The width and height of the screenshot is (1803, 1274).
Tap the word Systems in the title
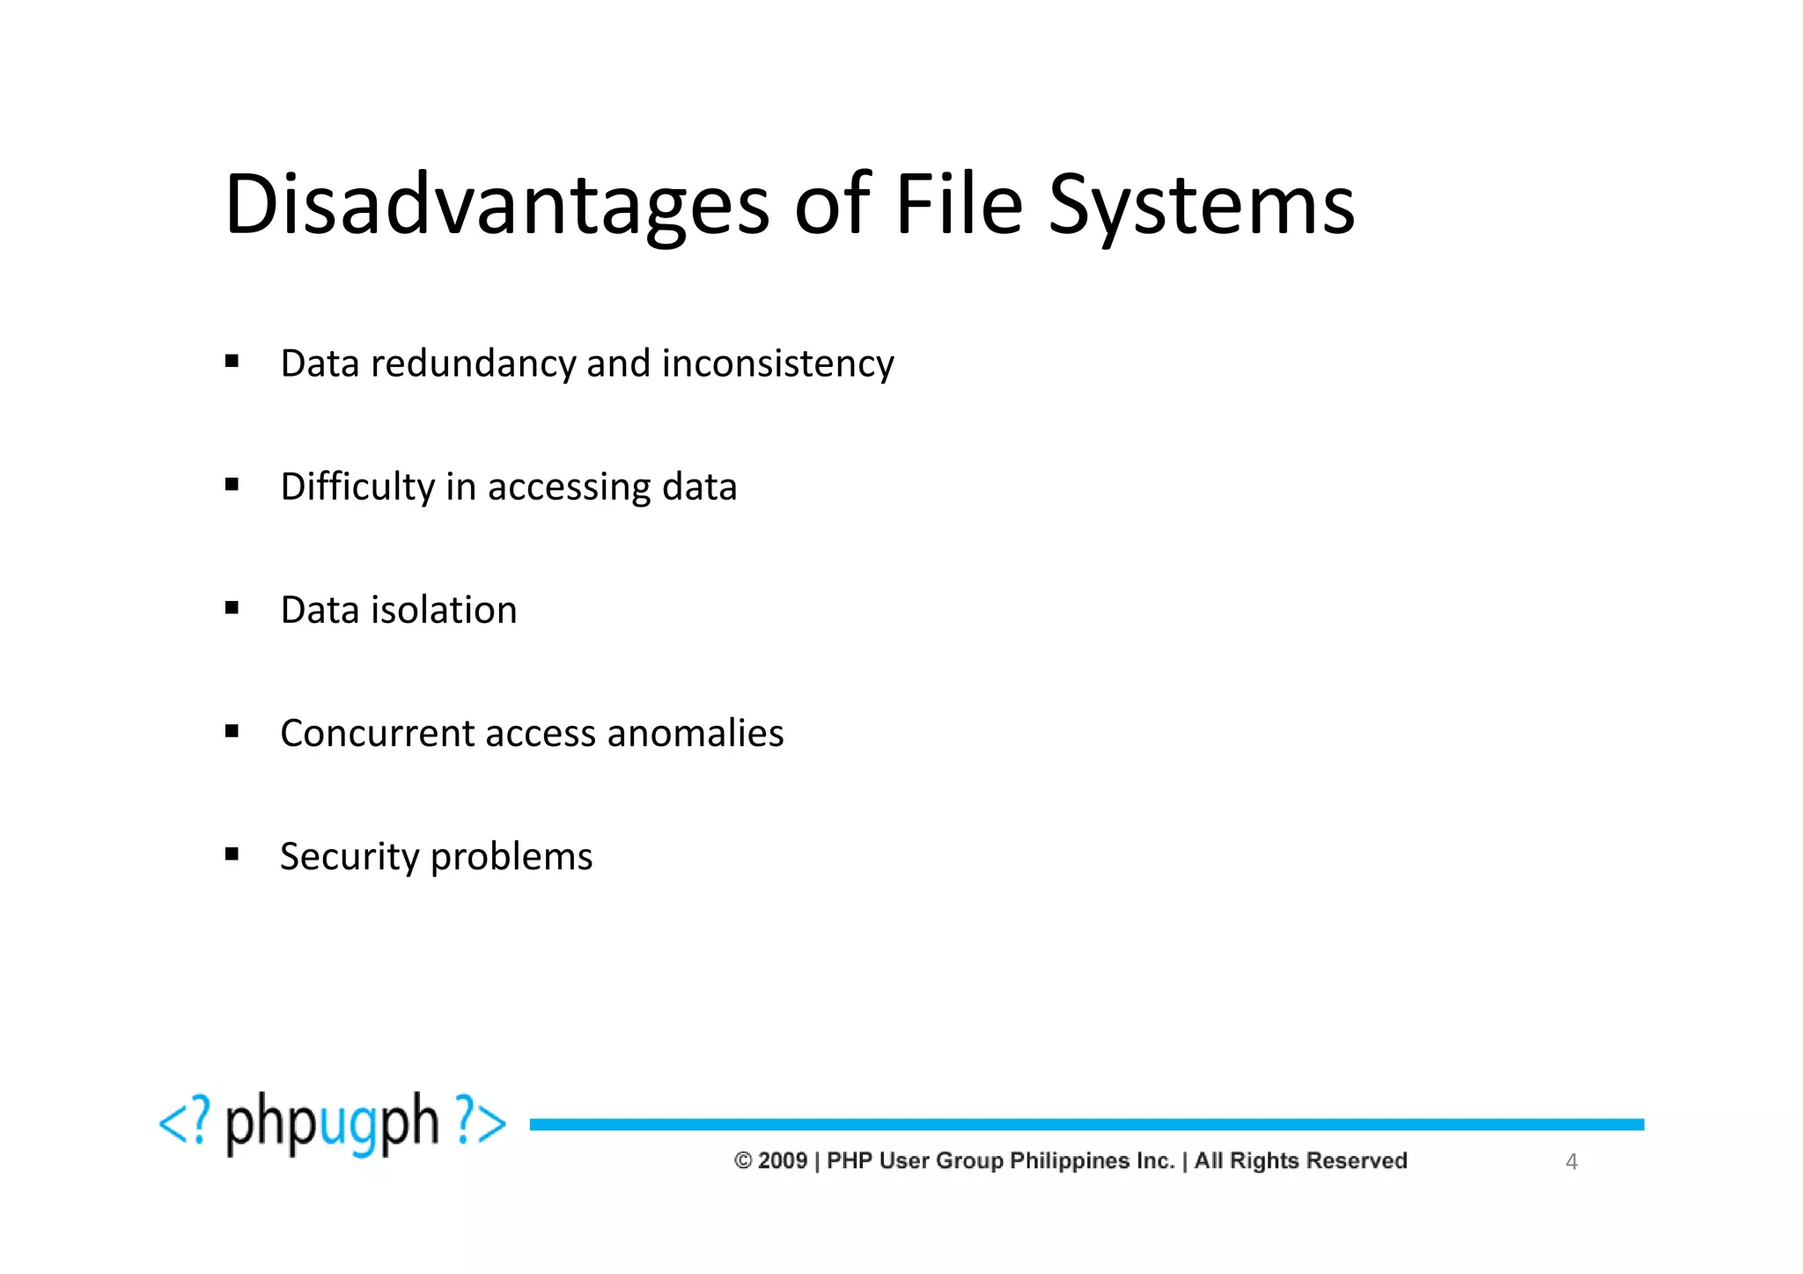(x=1202, y=206)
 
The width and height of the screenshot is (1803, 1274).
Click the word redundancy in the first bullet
(x=473, y=363)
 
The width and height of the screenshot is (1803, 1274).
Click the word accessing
(x=569, y=487)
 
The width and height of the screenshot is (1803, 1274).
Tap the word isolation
(x=444, y=610)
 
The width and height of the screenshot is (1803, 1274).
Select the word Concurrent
(x=377, y=733)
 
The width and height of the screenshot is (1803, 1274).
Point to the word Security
(x=350, y=857)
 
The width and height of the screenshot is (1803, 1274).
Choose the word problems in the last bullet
(x=511, y=857)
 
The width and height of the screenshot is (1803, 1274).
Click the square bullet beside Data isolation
(x=232, y=608)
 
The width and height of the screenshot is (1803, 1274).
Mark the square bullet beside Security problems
(x=232, y=854)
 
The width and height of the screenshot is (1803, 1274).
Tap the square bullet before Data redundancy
(x=232, y=361)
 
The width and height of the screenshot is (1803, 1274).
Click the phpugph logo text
(x=332, y=1124)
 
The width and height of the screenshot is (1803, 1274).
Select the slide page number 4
(x=1571, y=1162)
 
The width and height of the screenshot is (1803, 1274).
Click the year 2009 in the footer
(x=783, y=1161)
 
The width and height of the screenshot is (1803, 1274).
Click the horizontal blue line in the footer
(x=1086, y=1124)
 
